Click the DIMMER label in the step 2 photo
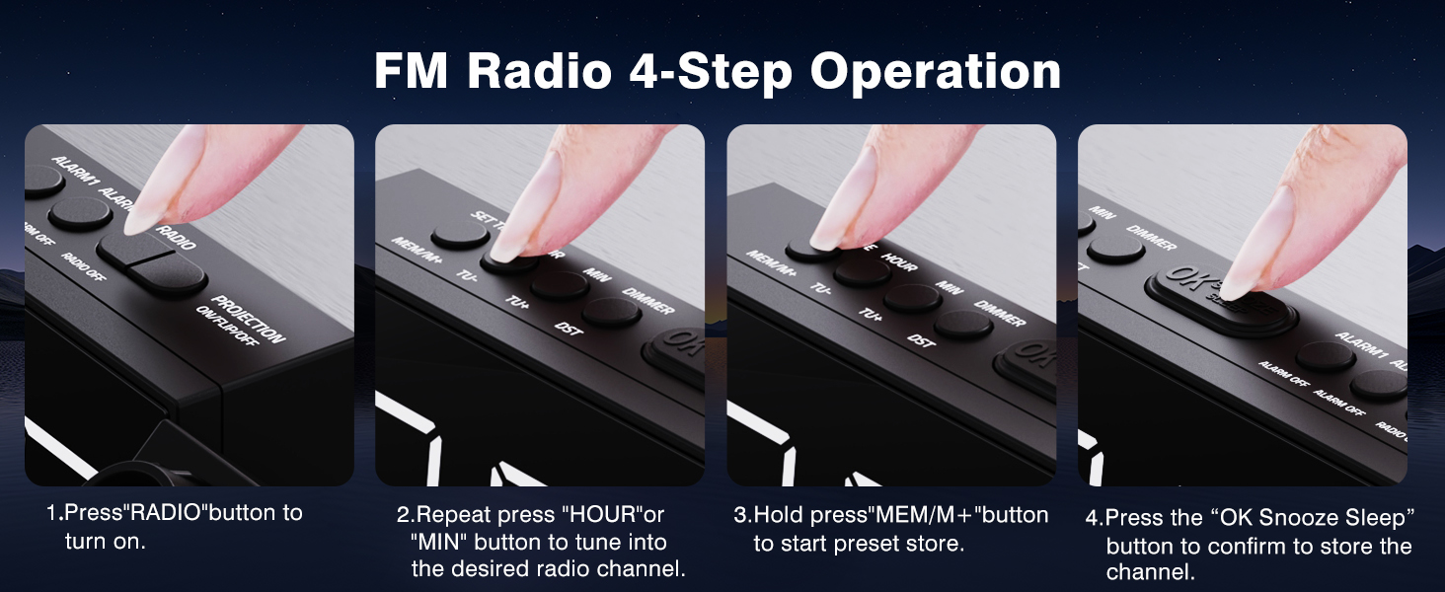(648, 301)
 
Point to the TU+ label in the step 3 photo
(870, 314)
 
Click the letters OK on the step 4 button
(1187, 279)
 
